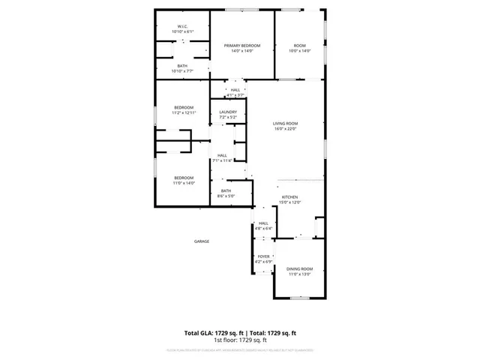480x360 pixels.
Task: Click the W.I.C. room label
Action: [182, 26]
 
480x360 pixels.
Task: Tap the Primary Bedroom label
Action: [242, 46]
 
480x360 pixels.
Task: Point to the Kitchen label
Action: [289, 196]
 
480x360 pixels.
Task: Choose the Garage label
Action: [202, 241]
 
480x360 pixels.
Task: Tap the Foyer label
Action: [263, 256]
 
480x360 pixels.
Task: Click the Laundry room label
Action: [228, 112]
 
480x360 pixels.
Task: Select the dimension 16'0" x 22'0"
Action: [285, 129]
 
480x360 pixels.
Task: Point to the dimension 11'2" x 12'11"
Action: [184, 112]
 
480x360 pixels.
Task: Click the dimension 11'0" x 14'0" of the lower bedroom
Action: [184, 183]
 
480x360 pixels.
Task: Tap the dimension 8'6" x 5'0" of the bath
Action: [226, 196]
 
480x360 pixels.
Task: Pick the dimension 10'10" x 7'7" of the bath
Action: [182, 71]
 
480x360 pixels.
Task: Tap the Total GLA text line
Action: [240, 332]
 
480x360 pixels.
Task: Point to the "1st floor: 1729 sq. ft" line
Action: [240, 340]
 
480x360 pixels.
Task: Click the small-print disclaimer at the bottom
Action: [240, 349]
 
